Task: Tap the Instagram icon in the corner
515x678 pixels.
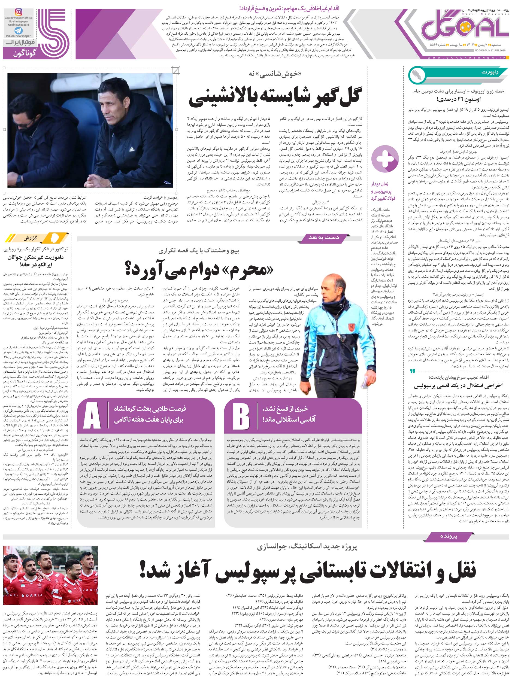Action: [19, 12]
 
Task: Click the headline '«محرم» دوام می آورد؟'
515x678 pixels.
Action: [199, 269]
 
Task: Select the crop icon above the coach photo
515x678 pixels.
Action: [176, 71]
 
